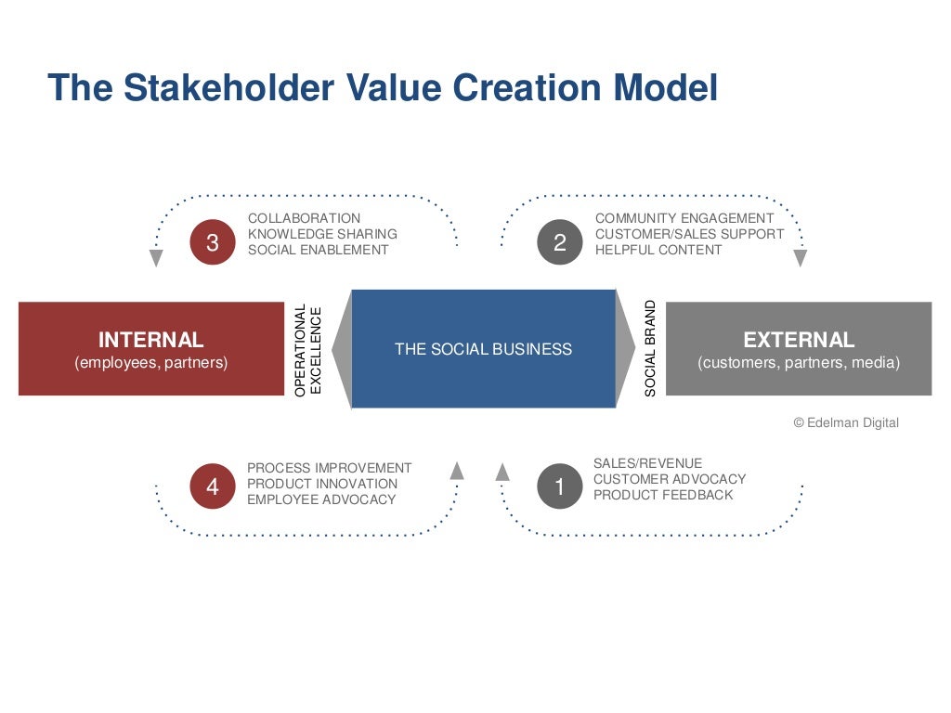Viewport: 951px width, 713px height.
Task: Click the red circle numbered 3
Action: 213,242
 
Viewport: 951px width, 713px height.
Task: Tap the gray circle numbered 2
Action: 560,242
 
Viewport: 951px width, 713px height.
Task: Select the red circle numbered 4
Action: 213,486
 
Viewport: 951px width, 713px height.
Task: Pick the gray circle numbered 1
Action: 559,486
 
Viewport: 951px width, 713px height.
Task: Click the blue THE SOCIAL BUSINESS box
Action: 483,349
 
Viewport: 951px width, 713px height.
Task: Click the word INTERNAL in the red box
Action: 150,340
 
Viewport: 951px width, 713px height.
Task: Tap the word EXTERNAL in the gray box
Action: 799,340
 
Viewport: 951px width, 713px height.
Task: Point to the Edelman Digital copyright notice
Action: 846,422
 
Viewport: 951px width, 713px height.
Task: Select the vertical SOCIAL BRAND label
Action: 650,349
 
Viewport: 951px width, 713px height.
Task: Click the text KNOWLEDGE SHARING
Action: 322,234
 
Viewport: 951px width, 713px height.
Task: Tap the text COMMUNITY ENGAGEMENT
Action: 684,218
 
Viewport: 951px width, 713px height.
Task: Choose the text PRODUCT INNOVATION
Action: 321,484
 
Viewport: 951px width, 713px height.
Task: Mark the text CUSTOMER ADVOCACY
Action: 670,479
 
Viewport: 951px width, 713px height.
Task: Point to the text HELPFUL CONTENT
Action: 658,250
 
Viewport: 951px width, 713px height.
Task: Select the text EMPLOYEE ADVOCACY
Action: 321,499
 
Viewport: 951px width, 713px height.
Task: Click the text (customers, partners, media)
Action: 799,363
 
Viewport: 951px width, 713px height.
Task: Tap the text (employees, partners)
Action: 150,363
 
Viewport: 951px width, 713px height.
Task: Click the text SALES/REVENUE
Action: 647,463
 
